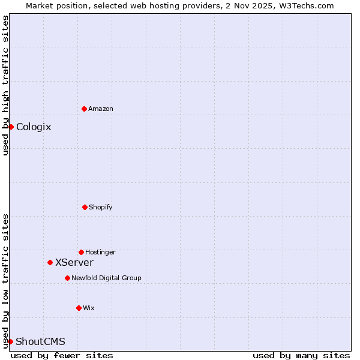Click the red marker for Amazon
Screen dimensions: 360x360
click(x=84, y=109)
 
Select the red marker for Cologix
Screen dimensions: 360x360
click(x=11, y=127)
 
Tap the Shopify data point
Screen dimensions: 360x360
click(x=85, y=207)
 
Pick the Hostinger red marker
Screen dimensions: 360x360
click(x=81, y=252)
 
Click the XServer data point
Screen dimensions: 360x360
click(x=50, y=262)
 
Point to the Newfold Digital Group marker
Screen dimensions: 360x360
click(x=67, y=278)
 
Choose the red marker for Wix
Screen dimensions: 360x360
click(x=79, y=308)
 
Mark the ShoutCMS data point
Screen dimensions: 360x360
click(x=10, y=341)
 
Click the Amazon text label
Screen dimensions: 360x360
click(x=101, y=109)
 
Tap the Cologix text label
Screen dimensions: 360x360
click(x=34, y=127)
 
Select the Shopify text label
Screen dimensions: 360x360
click(x=101, y=207)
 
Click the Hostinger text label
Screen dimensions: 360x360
click(x=100, y=252)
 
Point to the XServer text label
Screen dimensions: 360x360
click(x=74, y=262)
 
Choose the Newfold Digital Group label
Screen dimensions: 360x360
click(x=106, y=278)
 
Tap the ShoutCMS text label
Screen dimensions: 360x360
click(x=40, y=341)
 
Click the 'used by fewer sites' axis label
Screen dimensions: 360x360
click(x=62, y=355)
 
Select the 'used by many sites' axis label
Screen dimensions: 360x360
click(x=301, y=355)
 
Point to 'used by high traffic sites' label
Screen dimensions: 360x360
click(x=5, y=85)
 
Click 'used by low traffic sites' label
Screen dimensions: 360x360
click(x=5, y=280)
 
